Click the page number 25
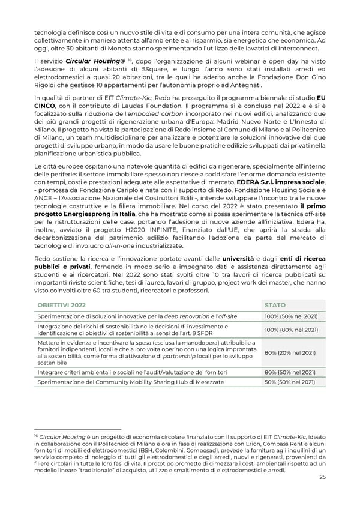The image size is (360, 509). tap(323, 478)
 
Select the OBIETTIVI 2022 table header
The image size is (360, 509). tap(62, 305)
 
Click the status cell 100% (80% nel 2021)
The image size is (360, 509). tap(290, 329)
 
